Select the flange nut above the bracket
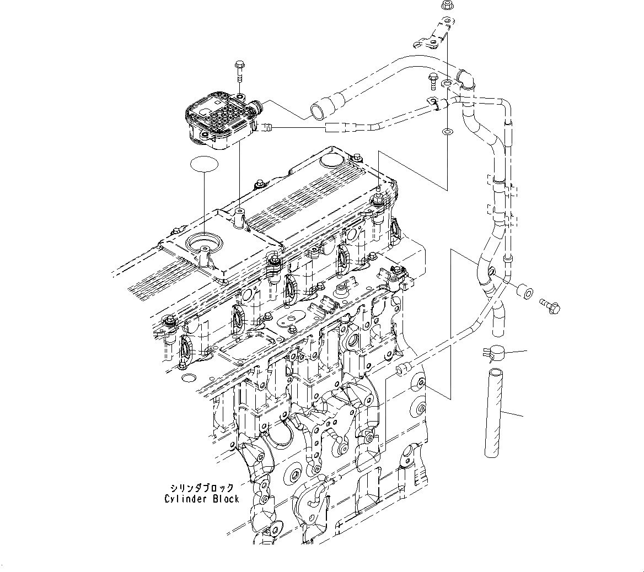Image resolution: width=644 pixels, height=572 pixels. click(x=447, y=7)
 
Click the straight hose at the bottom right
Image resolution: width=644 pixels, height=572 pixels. click(x=493, y=413)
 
